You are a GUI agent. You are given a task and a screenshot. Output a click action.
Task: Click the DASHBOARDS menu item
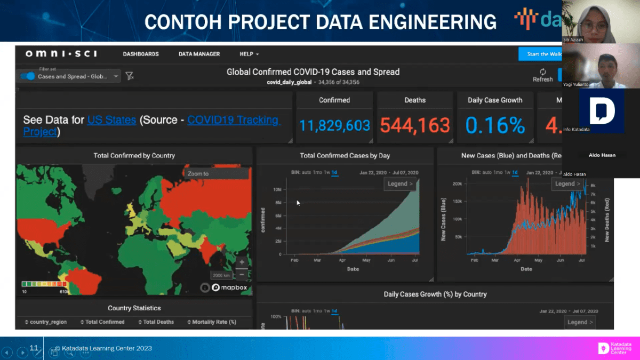[x=141, y=54]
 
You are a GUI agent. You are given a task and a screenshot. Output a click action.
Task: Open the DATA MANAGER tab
[x=199, y=54]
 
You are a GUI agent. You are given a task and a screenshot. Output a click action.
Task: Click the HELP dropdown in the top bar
[x=249, y=54]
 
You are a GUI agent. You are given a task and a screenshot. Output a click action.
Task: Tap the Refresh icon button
[x=542, y=72]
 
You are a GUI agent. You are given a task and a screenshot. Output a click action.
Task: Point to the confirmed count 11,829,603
[x=334, y=125]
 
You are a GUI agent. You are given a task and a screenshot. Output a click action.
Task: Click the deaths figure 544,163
[x=415, y=125]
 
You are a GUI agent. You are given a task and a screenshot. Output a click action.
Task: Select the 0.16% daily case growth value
[x=495, y=125]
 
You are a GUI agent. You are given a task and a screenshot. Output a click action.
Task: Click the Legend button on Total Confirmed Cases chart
[x=400, y=184]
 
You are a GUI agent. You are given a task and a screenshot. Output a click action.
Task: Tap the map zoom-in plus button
[x=242, y=262]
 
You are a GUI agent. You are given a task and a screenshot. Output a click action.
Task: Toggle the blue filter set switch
[x=28, y=76]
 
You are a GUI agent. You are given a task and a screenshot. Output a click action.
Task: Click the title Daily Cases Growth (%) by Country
[x=435, y=294]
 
